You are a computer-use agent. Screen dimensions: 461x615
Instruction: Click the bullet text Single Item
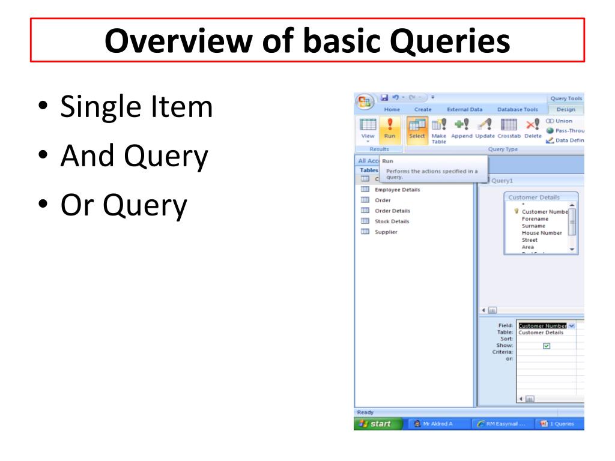136,107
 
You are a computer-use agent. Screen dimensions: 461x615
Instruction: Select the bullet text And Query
134,157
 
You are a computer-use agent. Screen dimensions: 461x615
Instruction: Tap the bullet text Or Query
124,206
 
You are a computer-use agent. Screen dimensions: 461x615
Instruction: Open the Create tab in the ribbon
423,109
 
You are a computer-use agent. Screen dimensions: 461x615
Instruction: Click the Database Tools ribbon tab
518,109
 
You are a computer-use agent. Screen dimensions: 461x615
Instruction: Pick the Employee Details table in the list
397,190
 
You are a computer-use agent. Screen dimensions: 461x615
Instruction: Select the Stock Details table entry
392,221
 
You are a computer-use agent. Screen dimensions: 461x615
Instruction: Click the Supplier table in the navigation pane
386,232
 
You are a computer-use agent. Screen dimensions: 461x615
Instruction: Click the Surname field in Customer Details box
533,226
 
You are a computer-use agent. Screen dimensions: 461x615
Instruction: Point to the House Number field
542,233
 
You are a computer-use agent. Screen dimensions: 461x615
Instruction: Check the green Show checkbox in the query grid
546,346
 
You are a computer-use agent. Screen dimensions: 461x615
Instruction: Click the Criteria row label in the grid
503,352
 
